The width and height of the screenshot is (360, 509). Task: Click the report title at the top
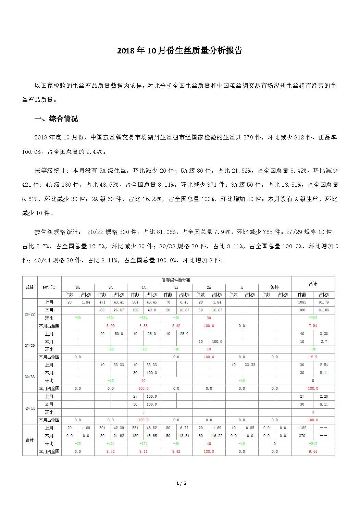[x=180, y=51]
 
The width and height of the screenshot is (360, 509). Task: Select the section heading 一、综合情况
[x=56, y=119]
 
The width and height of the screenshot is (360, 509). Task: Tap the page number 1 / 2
[x=182, y=483]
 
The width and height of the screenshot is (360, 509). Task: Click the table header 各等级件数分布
[x=176, y=280]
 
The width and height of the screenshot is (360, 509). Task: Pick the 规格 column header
[x=30, y=287]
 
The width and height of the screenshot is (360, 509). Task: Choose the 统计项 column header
[x=49, y=287]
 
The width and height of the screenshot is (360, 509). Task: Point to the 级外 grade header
[x=274, y=287]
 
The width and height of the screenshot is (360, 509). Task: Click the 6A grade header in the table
[x=78, y=287]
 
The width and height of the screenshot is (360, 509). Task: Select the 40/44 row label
[x=30, y=408]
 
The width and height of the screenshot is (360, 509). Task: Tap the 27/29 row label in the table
[x=30, y=345]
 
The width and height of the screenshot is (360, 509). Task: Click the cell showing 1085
[x=302, y=302]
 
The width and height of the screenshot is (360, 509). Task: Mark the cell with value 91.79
[x=324, y=302]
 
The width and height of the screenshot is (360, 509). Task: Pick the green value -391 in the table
[x=110, y=318]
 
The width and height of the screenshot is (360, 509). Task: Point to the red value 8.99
[x=110, y=326]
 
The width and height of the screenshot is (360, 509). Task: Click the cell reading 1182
[x=302, y=428]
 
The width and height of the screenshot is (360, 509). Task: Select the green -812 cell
[x=313, y=444]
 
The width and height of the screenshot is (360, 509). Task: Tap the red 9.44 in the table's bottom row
[x=313, y=451]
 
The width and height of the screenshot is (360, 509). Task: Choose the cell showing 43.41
[x=119, y=302]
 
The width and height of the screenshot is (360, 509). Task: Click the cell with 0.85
[x=250, y=428]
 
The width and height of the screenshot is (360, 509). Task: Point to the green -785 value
[x=313, y=318]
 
